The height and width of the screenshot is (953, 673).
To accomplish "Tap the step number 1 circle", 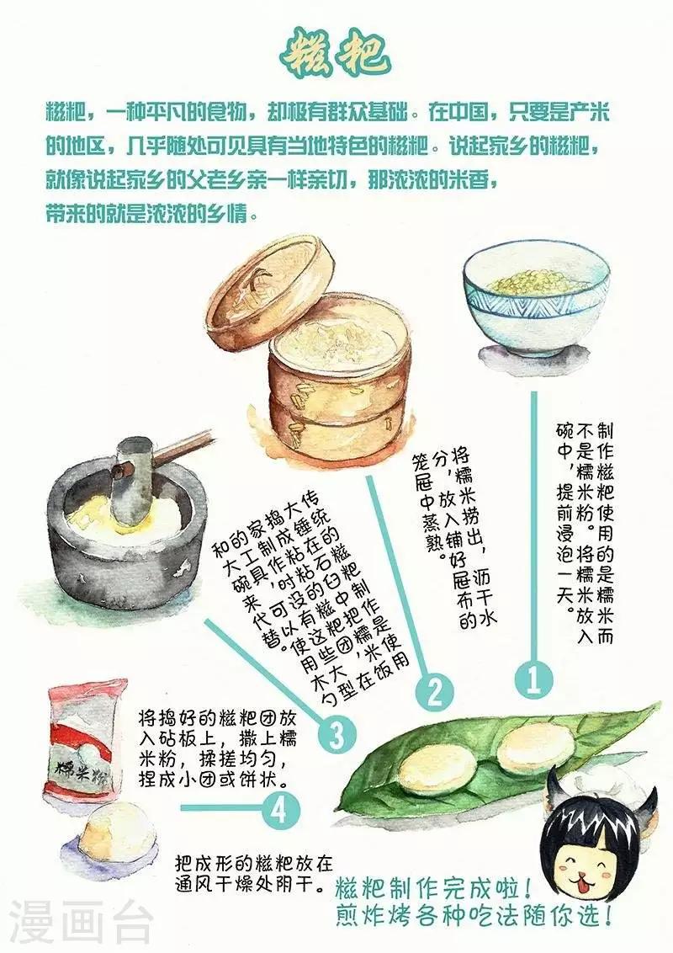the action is [x=533, y=680].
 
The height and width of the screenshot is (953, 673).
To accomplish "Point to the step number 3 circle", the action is [x=336, y=734].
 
